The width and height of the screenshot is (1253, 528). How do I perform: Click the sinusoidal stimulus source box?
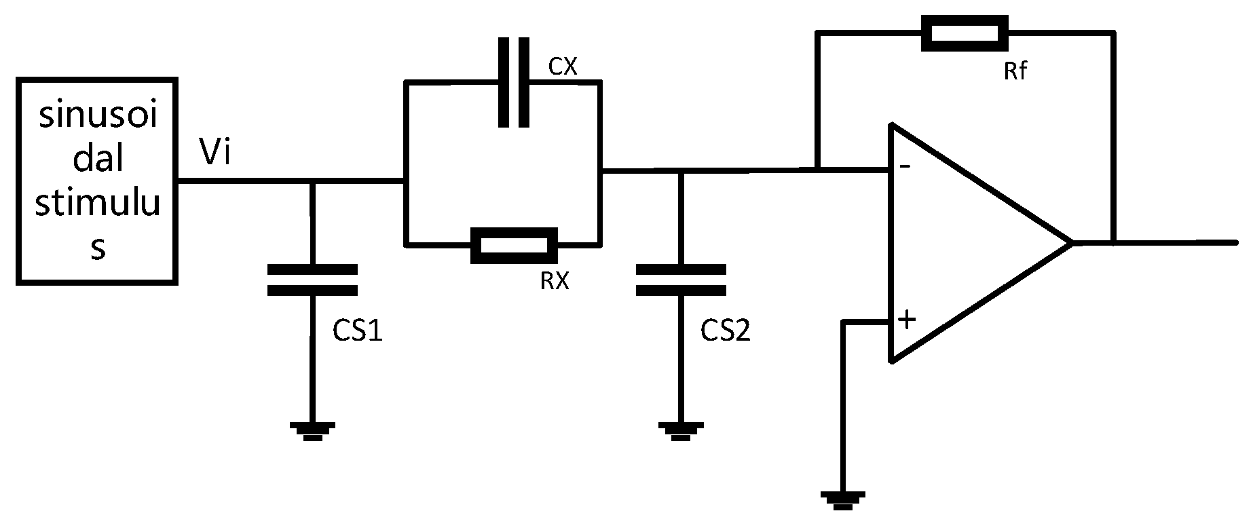tap(97, 181)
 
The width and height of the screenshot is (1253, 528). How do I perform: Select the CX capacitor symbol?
tap(514, 82)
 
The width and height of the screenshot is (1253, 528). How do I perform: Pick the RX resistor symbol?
tap(514, 245)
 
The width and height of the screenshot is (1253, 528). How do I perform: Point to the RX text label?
tap(555, 281)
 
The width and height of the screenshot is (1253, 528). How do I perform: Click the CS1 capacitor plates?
tap(312, 280)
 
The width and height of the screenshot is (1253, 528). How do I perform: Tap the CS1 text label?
tap(358, 331)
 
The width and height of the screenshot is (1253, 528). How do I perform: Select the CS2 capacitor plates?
tap(681, 280)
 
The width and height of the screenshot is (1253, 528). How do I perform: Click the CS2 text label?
tap(726, 331)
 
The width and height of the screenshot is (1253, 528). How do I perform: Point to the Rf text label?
tap(1015, 70)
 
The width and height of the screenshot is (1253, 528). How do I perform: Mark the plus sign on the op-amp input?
tap(907, 319)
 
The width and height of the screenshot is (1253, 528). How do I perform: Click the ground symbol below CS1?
tap(312, 430)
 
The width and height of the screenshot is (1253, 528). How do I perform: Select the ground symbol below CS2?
tap(681, 430)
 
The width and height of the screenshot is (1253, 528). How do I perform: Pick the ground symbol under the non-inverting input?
tap(842, 499)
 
